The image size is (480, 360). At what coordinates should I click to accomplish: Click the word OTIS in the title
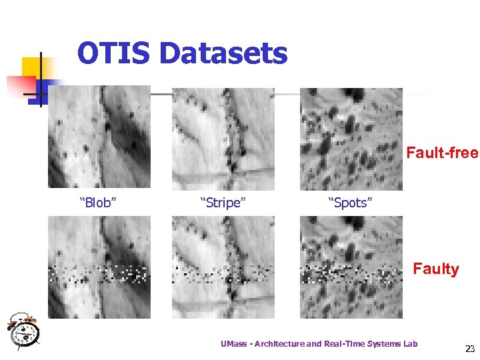click(114, 53)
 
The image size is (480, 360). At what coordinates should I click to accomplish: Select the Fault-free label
click(443, 153)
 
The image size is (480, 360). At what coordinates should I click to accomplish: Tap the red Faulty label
click(436, 269)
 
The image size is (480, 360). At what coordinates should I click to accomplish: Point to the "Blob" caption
click(98, 203)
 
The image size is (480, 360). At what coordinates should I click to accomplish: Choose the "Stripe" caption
click(223, 203)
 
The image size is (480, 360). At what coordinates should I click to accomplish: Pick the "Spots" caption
click(349, 203)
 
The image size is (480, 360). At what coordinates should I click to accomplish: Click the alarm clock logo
click(23, 330)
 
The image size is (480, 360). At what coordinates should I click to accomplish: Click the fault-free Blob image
click(99, 138)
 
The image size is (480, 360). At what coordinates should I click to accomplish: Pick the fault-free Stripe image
click(223, 138)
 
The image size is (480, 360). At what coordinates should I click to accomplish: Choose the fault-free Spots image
click(351, 138)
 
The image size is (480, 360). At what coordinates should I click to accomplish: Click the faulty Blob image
click(99, 267)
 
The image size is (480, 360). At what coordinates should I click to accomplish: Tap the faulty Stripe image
click(223, 267)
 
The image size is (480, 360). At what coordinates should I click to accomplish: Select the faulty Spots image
click(351, 267)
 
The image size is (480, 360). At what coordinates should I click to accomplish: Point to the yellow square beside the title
click(33, 67)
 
